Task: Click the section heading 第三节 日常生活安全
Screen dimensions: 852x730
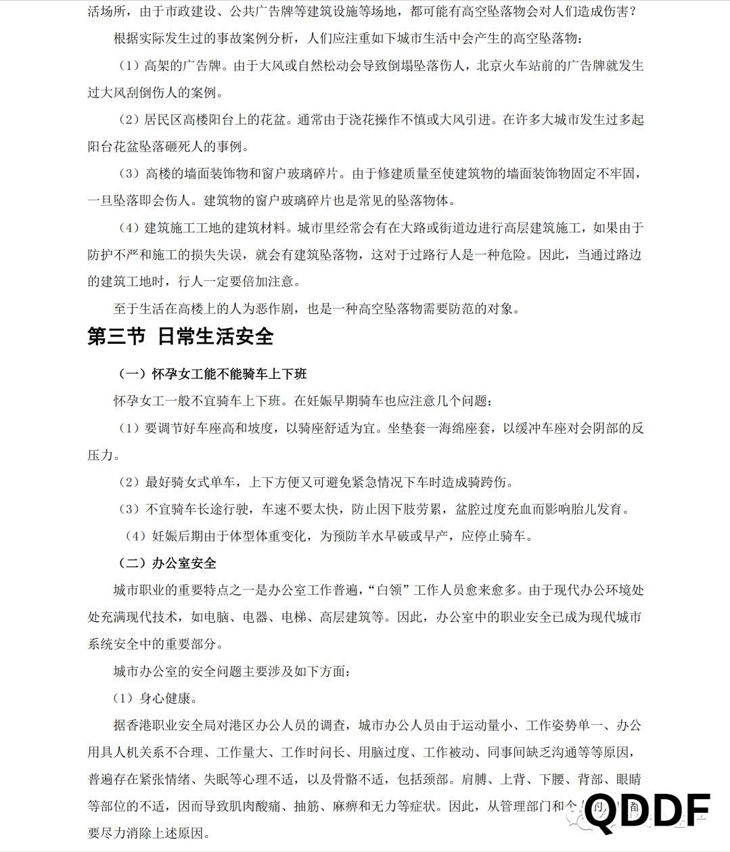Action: pos(180,336)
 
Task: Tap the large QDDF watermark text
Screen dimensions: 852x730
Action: pos(647,813)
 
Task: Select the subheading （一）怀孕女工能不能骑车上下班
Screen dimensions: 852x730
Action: pos(212,374)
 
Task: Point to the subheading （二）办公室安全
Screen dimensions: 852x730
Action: pos(167,563)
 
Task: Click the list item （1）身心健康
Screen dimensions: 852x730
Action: pos(155,698)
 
